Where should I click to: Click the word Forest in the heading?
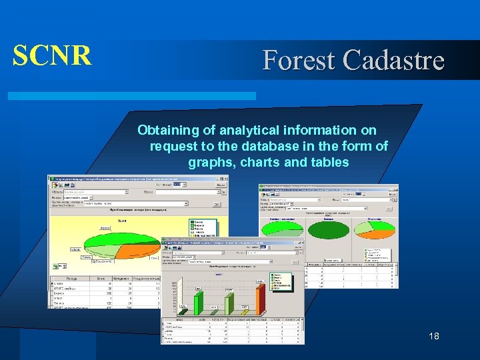point(300,61)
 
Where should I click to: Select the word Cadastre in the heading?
point(393,61)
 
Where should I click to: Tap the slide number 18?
point(434,337)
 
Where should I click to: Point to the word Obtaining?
point(169,130)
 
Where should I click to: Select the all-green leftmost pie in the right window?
point(281,226)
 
